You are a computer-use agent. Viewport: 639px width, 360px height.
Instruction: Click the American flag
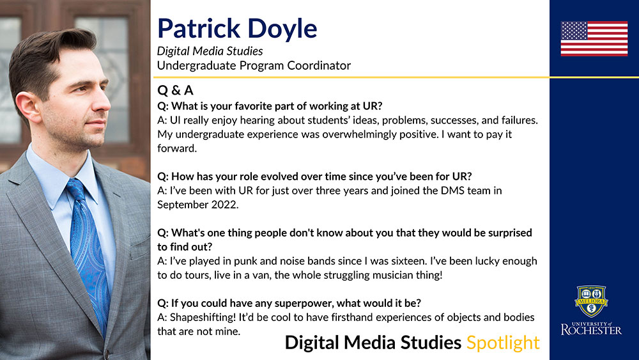pyautogui.click(x=594, y=38)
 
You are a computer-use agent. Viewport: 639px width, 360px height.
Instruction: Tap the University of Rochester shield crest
pyautogui.click(x=591, y=301)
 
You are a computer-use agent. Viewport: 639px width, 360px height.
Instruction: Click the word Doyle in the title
pyautogui.click(x=282, y=29)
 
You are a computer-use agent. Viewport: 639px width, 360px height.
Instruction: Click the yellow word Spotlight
pyautogui.click(x=503, y=343)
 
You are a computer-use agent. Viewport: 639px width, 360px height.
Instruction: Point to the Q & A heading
pyautogui.click(x=175, y=90)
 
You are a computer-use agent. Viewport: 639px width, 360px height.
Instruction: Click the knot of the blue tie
pyautogui.click(x=76, y=189)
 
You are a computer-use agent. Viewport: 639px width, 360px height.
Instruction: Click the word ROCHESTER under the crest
pyautogui.click(x=591, y=330)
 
